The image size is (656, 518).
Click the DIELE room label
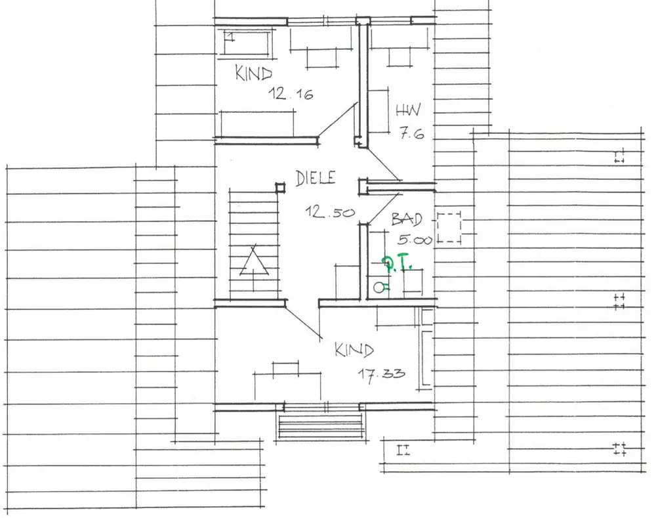click(x=316, y=178)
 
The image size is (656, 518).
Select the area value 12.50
click(x=330, y=212)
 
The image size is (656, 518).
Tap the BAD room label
click(x=407, y=219)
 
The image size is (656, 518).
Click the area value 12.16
click(x=290, y=95)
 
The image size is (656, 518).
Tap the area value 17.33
click(x=380, y=374)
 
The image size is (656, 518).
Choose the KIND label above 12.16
click(x=253, y=72)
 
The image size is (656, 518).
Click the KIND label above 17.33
click(x=354, y=350)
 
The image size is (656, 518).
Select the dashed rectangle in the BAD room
click(x=450, y=228)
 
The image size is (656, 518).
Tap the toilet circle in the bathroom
click(x=378, y=286)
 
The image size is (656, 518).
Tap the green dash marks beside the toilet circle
click(x=386, y=286)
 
